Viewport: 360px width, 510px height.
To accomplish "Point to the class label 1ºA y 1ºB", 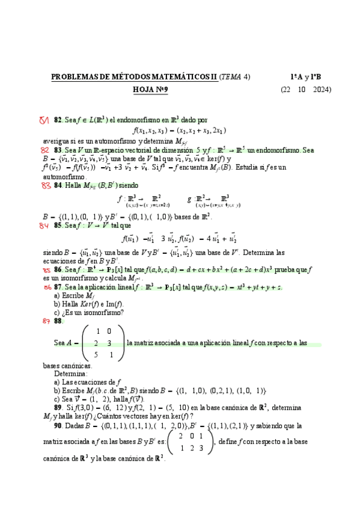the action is pyautogui.click(x=305, y=77).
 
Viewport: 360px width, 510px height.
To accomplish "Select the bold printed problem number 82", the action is pyautogui.click(x=58, y=120).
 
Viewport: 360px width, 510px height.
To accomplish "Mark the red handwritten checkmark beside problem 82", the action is pyautogui.click(x=43, y=120).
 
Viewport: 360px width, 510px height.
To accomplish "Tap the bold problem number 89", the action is pyautogui.click(x=58, y=407).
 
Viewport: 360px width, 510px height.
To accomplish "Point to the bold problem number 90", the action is pyautogui.click(x=58, y=425).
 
